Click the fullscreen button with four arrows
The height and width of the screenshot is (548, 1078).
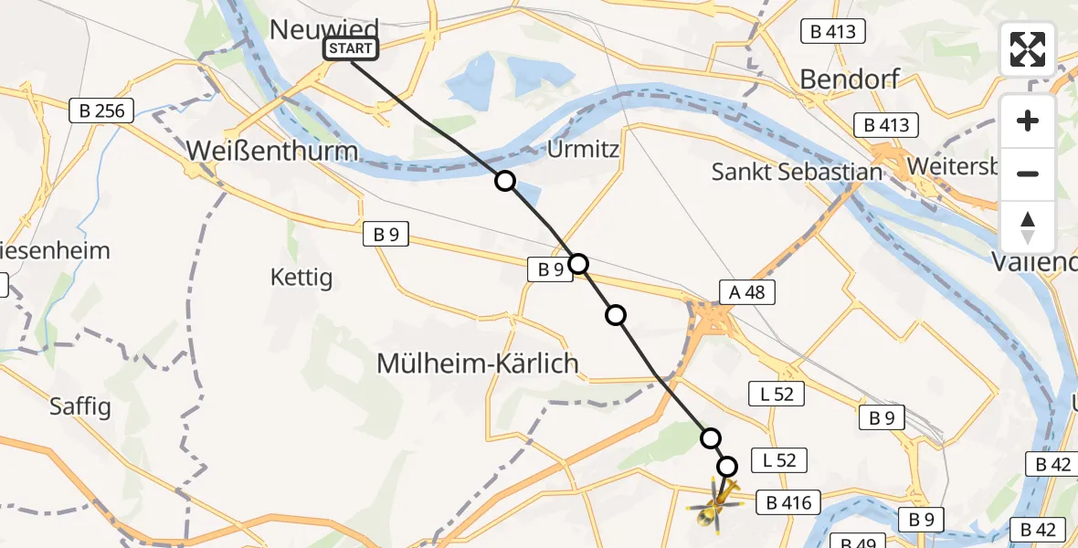[1028, 49]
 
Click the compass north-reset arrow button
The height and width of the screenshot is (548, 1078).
[1028, 227]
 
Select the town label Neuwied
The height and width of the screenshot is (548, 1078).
[324, 30]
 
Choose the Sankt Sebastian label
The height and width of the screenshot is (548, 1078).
[797, 171]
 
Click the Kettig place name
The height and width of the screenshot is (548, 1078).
[301, 277]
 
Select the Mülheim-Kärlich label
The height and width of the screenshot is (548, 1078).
[478, 364]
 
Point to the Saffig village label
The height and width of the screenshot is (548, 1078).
[80, 406]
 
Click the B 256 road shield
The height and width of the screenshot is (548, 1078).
[102, 111]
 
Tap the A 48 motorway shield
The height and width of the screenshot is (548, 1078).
[746, 291]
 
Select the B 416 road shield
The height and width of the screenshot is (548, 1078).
[788, 501]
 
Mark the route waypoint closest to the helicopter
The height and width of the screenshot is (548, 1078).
[727, 467]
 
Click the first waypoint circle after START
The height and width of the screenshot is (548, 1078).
[504, 181]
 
